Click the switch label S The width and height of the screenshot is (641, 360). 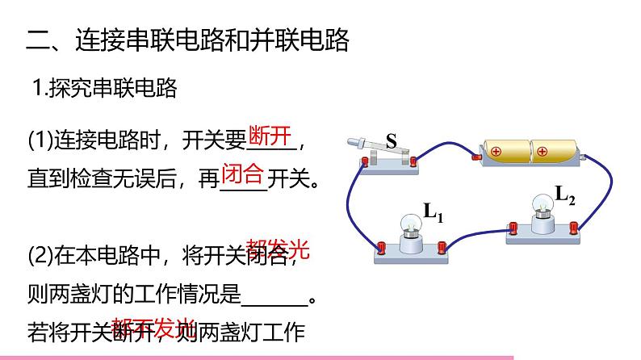click(x=392, y=142)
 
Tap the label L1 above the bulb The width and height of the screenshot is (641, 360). click(x=434, y=213)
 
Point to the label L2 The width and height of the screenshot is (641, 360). click(x=565, y=194)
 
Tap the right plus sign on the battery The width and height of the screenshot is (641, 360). click(x=542, y=150)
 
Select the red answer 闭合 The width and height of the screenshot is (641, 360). click(x=242, y=172)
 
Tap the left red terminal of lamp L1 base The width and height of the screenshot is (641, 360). click(x=381, y=247)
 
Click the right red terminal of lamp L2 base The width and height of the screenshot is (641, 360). click(x=576, y=227)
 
